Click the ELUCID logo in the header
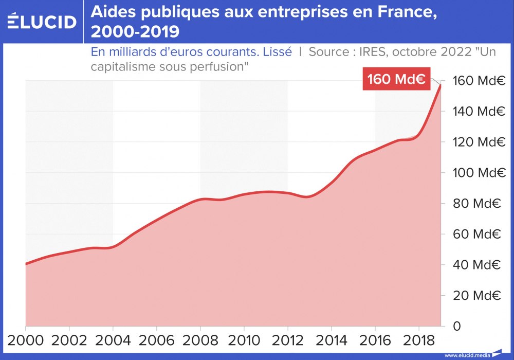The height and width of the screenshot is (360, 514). [x=42, y=22]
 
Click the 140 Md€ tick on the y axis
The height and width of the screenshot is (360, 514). [x=476, y=111]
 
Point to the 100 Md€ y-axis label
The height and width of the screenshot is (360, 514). [x=476, y=172]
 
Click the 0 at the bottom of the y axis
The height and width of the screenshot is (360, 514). [x=456, y=326]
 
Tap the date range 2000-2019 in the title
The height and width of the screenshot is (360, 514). [x=135, y=32]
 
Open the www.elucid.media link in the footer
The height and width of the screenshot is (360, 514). [x=467, y=355]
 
